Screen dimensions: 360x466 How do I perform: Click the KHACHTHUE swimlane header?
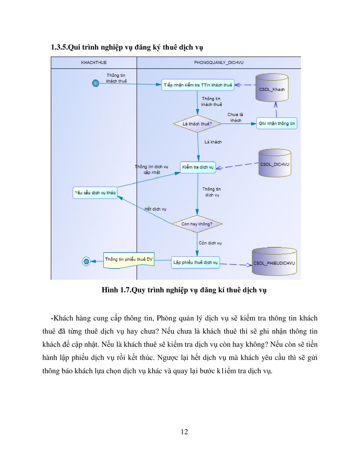[94, 63]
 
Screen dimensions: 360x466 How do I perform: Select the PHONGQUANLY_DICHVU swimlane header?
[219, 63]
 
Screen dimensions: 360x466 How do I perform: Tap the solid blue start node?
[96, 83]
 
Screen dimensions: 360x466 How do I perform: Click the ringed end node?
[86, 261]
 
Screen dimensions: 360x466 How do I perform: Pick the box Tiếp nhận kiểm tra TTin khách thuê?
[198, 85]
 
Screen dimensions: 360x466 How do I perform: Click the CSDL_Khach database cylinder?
[272, 87]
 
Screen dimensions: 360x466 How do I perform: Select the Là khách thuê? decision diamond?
[197, 124]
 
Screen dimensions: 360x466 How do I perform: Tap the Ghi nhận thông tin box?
[277, 123]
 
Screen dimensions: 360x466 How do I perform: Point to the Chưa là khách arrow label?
[235, 118]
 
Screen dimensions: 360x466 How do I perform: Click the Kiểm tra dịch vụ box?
[198, 167]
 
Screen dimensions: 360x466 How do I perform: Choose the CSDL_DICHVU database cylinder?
[275, 163]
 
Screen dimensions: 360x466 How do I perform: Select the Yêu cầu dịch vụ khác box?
[95, 193]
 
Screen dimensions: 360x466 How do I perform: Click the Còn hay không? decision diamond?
[197, 224]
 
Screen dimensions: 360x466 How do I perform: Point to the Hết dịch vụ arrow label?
[155, 209]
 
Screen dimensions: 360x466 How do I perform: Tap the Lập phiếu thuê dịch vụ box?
[195, 263]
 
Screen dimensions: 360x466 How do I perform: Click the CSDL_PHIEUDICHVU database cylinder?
[274, 261]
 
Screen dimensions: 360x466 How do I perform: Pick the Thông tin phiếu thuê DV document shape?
[129, 260]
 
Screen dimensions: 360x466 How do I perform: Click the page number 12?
[184, 432]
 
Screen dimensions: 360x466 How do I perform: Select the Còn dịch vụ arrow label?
[210, 243]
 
